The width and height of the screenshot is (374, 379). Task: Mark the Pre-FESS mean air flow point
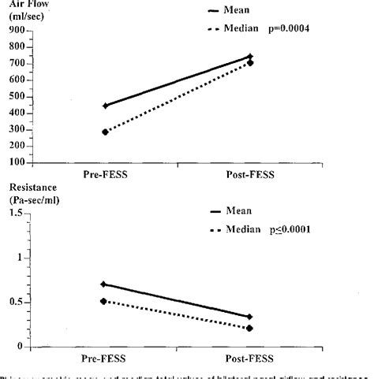[x=105, y=106]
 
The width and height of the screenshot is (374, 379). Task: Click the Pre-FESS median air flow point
[x=105, y=132]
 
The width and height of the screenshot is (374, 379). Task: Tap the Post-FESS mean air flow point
[x=250, y=56]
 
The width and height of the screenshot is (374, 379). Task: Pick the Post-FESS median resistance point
[x=250, y=328]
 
